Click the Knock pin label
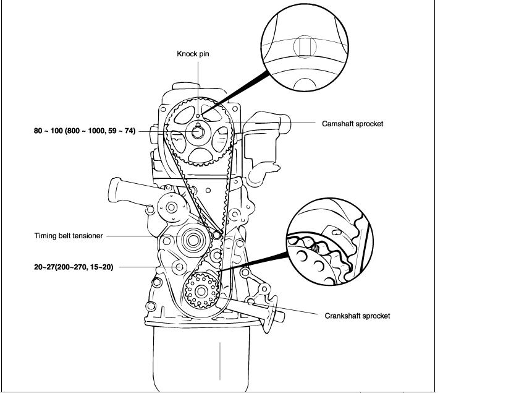[193, 54]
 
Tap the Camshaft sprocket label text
[353, 124]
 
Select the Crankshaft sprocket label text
[357, 316]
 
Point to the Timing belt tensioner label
[69, 236]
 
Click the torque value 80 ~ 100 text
[85, 131]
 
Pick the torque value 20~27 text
[74, 267]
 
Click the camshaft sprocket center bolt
[198, 132]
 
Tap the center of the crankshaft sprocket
[201, 292]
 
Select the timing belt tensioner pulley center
[193, 240]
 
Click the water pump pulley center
[171, 207]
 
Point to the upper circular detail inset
[305, 47]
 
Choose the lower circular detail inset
[330, 241]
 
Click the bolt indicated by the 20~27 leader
[179, 267]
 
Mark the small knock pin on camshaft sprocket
[198, 116]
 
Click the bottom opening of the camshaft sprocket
[200, 155]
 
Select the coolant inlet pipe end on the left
[114, 190]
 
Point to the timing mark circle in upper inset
[305, 47]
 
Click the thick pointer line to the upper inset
[235, 93]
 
